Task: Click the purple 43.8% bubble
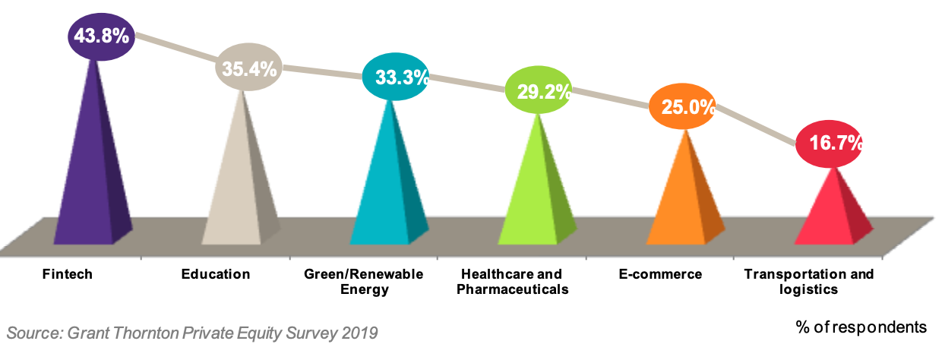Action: pyautogui.click(x=101, y=36)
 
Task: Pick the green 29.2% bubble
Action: pyautogui.click(x=539, y=91)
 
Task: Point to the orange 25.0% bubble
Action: pyautogui.click(x=683, y=107)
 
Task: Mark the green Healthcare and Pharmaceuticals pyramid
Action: pyautogui.click(x=536, y=197)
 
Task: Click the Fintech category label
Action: pyautogui.click(x=68, y=274)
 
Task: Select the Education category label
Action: pyautogui.click(x=216, y=274)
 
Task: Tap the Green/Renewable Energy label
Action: pyautogui.click(x=363, y=282)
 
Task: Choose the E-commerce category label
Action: pyautogui.click(x=659, y=274)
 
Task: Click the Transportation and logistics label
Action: pyautogui.click(x=808, y=282)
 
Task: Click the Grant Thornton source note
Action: pyautogui.click(x=192, y=333)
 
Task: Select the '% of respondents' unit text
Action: pyautogui.click(x=861, y=327)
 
